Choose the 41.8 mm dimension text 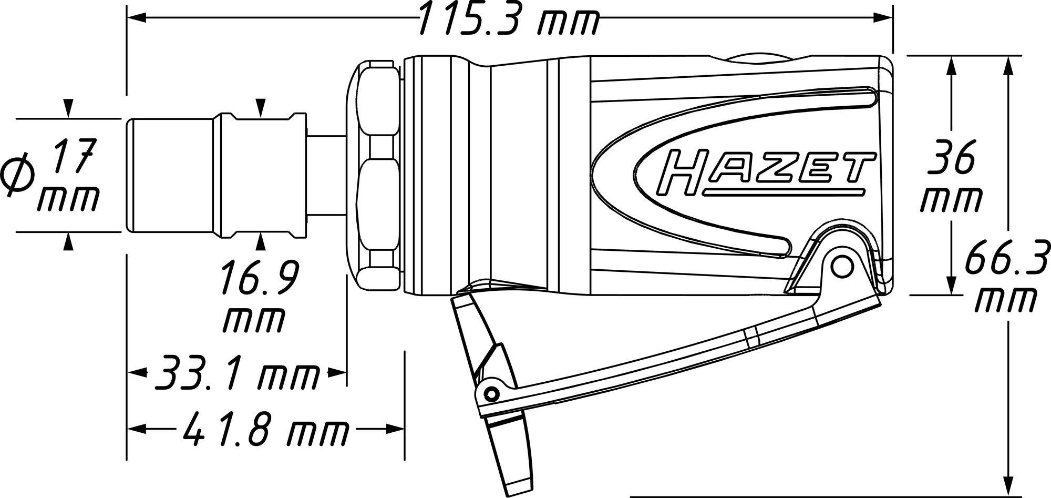(265, 429)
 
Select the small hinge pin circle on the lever (491, 392)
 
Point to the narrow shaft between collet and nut (326, 174)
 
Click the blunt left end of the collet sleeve (129, 175)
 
